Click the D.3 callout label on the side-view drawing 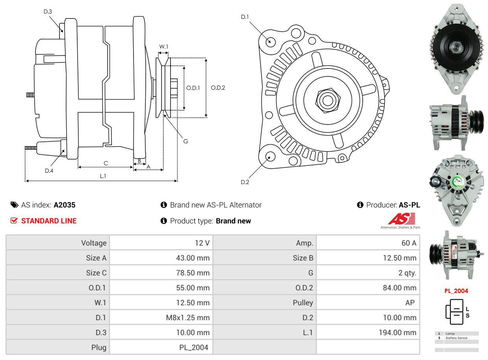tap(48, 11)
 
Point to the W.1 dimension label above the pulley tap(163, 46)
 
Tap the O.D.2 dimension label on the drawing tap(218, 87)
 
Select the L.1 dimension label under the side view tap(103, 176)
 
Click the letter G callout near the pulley tap(186, 141)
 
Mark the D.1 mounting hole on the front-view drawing tap(270, 41)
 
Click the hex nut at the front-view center tap(326, 100)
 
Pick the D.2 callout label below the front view tap(245, 182)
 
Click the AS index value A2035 tap(64, 205)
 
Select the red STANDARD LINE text tap(49, 221)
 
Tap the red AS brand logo tap(401, 219)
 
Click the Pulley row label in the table tap(303, 302)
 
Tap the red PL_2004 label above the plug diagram tap(456, 291)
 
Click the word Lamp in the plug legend tap(450, 334)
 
